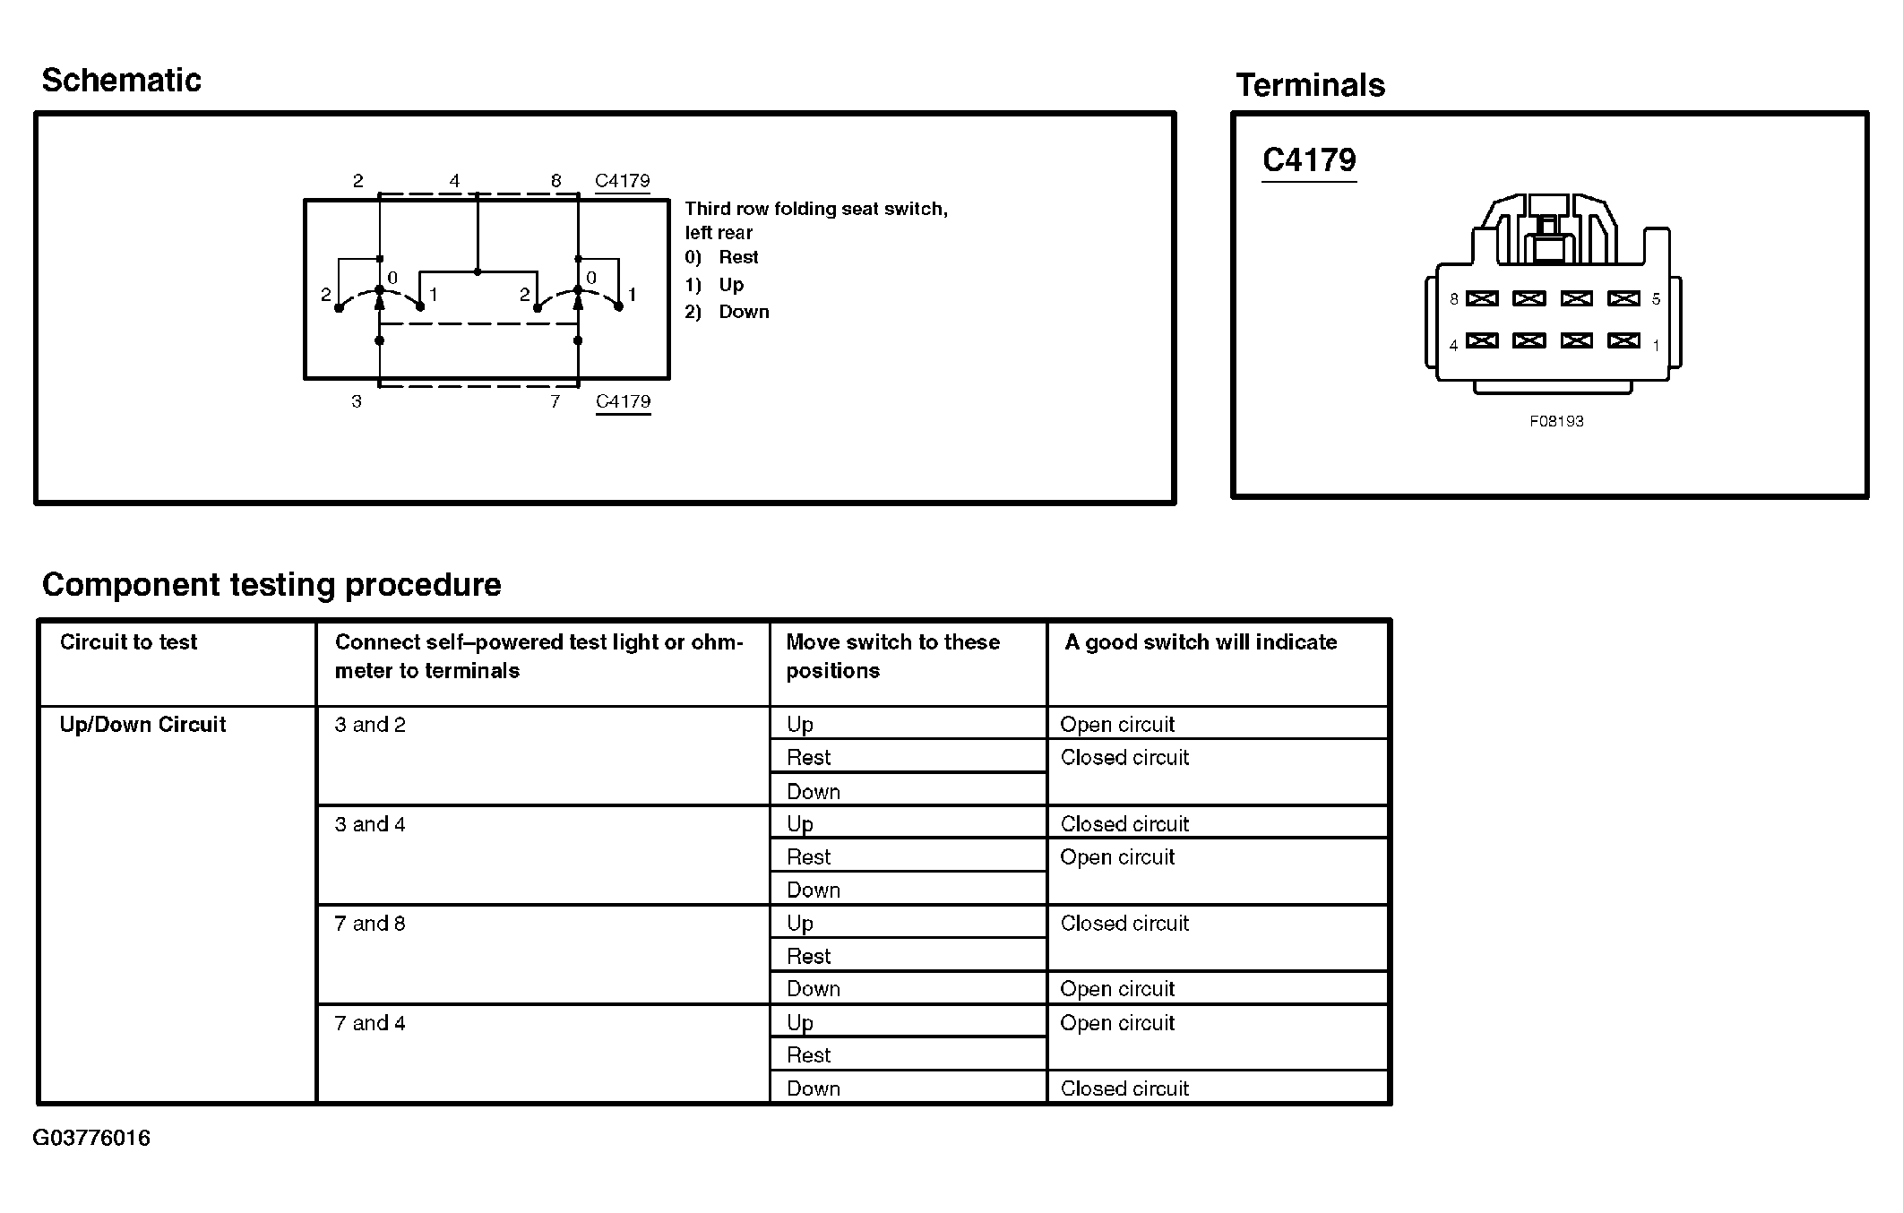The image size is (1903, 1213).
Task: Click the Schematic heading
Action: tap(121, 80)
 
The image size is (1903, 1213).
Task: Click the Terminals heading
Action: tap(1310, 85)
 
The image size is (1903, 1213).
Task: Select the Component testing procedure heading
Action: tap(271, 585)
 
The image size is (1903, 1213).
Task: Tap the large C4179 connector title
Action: tap(1309, 159)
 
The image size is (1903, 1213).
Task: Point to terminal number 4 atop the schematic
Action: tap(454, 181)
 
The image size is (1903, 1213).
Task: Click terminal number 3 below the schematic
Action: tap(357, 401)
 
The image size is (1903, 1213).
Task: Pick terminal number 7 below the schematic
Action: tap(555, 401)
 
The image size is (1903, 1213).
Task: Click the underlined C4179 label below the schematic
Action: tap(623, 401)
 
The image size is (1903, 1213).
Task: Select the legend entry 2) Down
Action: tap(727, 312)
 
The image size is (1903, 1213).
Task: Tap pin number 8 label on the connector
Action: tap(1453, 299)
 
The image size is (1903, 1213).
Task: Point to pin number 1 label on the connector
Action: tap(1656, 345)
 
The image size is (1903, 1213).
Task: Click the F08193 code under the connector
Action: tap(1556, 421)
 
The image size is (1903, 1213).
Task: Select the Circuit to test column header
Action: tap(128, 642)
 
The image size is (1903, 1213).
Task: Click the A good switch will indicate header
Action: tap(1201, 642)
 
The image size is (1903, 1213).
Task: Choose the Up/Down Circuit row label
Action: tap(142, 725)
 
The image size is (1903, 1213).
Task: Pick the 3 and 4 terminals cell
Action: tap(370, 824)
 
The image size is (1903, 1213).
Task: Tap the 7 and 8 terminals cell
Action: tap(370, 924)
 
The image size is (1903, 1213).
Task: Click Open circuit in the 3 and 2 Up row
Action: tap(1117, 725)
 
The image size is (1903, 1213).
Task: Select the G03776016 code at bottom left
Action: tap(91, 1138)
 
